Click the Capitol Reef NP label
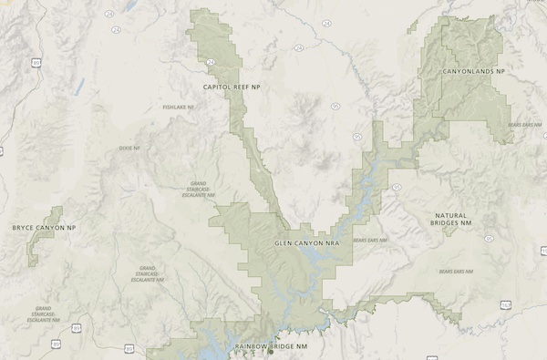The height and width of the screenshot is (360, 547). (x=232, y=87)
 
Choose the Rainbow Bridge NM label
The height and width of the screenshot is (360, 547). (x=273, y=347)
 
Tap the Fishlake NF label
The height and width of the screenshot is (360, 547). (x=178, y=108)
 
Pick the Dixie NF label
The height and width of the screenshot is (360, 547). (x=131, y=148)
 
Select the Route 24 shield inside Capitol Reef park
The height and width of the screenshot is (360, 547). (x=211, y=61)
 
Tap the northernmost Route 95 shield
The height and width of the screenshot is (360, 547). (x=335, y=106)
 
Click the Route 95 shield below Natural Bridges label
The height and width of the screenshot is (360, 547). (x=489, y=238)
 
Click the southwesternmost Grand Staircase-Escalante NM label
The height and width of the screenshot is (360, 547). (x=38, y=315)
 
